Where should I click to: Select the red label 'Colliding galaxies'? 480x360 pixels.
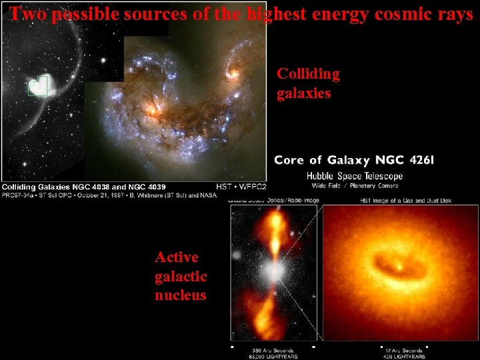point(308,83)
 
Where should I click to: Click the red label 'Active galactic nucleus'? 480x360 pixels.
point(181,276)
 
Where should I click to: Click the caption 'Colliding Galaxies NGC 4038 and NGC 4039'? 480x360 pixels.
point(84,187)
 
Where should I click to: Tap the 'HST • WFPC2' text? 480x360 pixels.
point(241,187)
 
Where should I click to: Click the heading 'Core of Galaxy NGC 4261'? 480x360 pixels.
point(354,160)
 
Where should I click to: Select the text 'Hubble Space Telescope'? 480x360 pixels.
point(354,176)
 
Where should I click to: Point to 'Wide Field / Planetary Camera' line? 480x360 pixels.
point(354,185)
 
